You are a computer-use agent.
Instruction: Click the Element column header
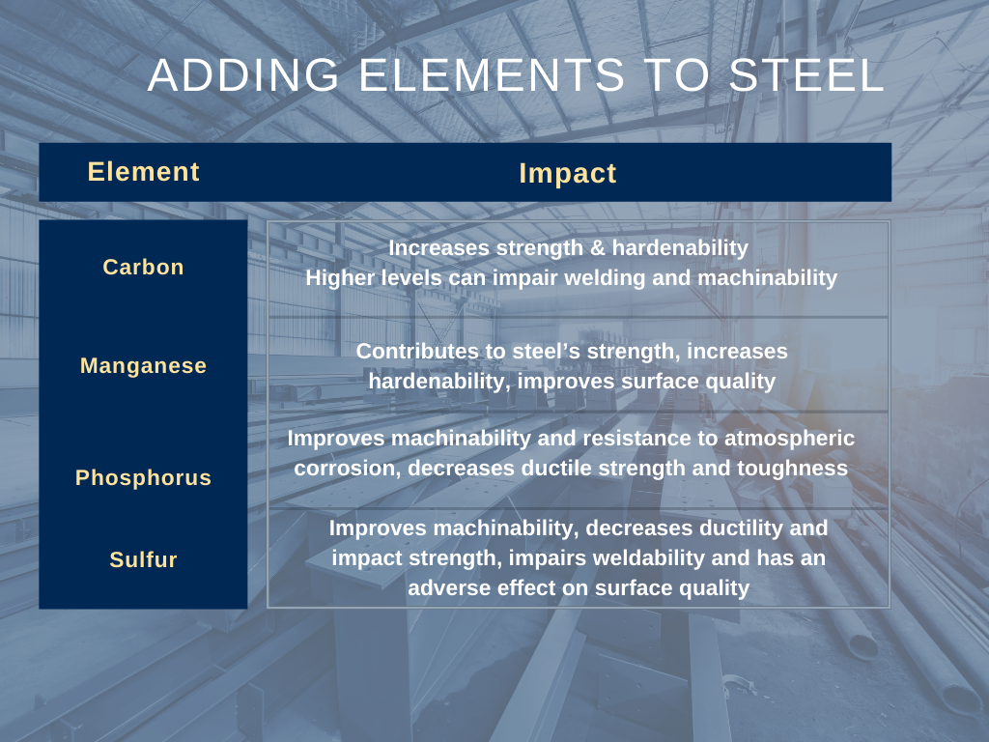pos(143,172)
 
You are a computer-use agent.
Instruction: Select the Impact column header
pos(568,174)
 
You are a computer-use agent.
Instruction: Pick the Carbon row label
pos(143,268)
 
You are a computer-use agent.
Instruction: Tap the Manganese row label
pos(143,366)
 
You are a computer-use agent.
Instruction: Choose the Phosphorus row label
pos(143,478)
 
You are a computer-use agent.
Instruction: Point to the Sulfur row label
pos(143,559)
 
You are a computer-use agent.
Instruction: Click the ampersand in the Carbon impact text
pos(598,248)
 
